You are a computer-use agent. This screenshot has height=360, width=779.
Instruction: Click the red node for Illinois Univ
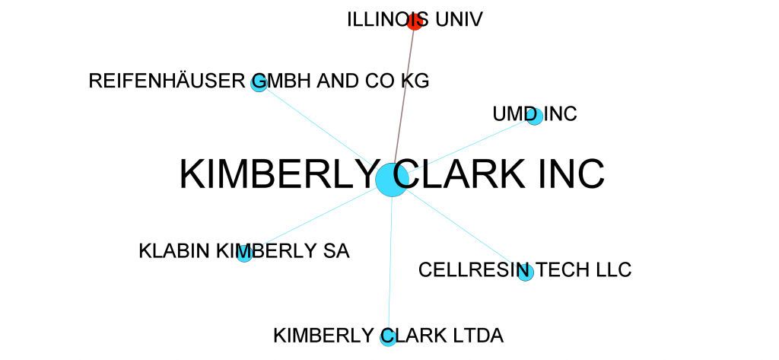[415, 22]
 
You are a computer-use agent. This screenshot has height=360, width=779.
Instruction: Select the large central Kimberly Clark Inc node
[393, 180]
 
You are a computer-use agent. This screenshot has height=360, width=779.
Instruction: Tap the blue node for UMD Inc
[535, 117]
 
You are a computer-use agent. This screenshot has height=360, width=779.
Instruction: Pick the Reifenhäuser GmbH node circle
[259, 83]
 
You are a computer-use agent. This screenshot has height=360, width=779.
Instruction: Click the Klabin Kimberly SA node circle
[244, 254]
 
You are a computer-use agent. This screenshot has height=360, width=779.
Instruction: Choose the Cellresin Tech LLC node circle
[525, 272]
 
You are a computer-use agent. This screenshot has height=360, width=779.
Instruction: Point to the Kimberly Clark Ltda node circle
[388, 338]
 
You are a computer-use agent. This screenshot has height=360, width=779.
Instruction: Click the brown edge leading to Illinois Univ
[404, 97]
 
